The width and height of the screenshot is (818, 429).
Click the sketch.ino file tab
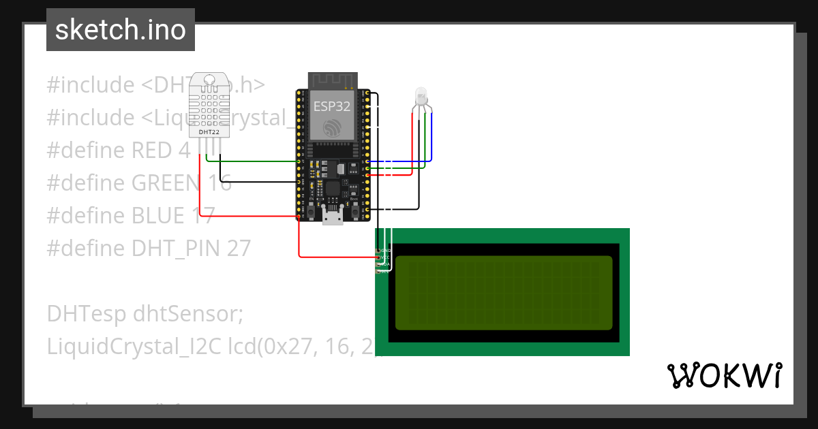point(121,30)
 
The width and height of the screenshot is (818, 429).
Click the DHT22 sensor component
point(209,106)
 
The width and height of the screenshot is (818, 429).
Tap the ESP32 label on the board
point(331,106)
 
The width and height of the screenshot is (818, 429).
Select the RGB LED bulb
point(421,95)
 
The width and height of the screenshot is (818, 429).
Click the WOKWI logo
point(724,376)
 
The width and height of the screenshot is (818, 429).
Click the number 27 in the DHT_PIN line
point(239,249)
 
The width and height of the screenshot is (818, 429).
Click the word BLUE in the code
point(158,216)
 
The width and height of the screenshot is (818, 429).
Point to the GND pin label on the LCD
point(385,251)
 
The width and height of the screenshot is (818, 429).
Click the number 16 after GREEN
point(217,183)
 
